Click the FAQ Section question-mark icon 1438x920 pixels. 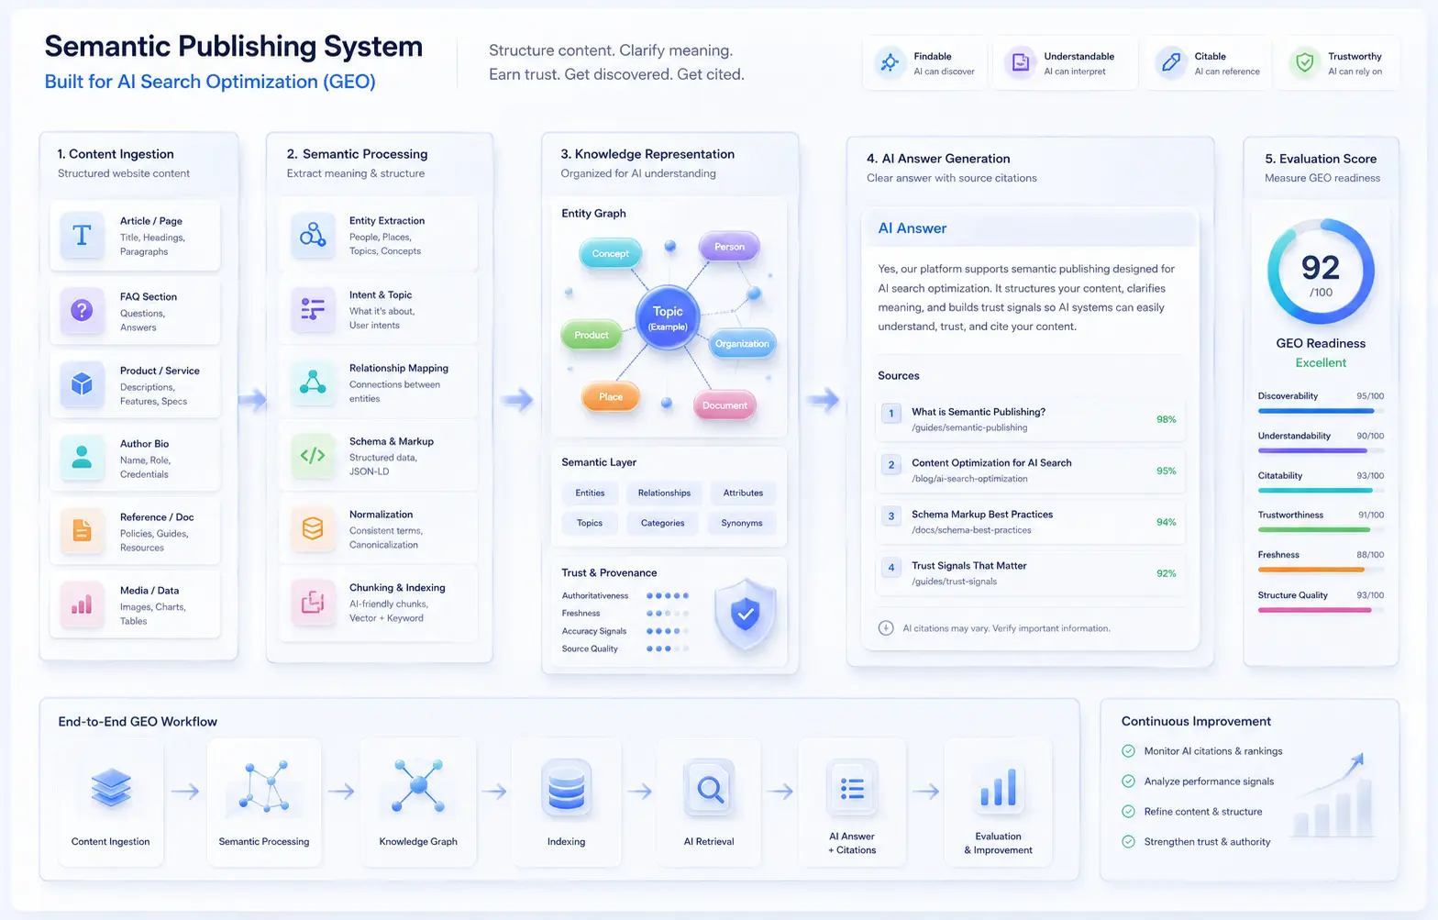pos(82,311)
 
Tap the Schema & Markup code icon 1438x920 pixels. pos(313,455)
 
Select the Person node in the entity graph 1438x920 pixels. pos(729,247)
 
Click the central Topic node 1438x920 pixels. pos(668,317)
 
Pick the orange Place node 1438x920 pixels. pos(611,397)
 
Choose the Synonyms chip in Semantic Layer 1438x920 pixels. pos(741,523)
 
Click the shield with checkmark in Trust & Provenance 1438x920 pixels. pos(746,614)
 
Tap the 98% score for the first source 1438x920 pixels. pos(1166,419)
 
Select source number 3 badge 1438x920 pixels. pos(891,516)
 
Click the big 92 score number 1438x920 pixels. pos(1321,267)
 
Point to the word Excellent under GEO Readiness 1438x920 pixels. pos(1321,362)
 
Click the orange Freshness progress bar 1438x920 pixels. pos(1311,570)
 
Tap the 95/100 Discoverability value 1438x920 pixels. pos(1370,396)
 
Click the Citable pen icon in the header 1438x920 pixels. pos(1171,62)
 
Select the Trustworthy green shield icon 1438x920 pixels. pos(1304,62)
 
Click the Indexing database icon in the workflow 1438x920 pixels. pos(566,787)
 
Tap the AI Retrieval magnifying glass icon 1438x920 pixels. pos(710,788)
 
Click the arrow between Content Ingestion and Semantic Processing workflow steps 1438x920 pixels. pos(185,791)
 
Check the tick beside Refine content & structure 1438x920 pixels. pos(1128,812)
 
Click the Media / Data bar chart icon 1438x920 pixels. pos(82,604)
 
